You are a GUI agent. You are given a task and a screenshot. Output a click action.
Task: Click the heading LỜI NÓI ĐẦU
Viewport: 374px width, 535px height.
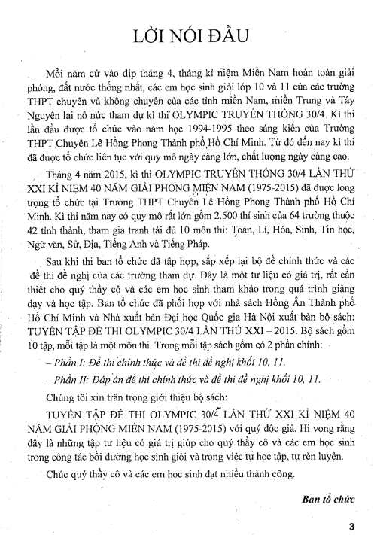pos(187,35)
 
